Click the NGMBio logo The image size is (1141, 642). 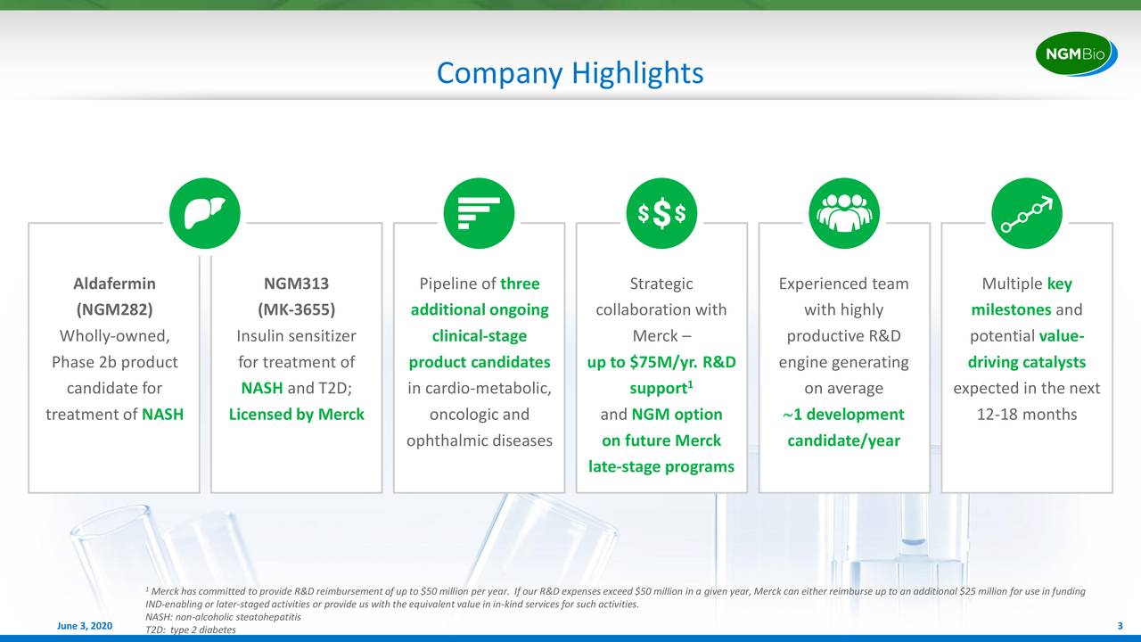click(1076, 53)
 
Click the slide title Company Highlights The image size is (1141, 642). click(570, 73)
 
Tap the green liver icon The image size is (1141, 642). click(205, 213)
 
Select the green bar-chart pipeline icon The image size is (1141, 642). click(479, 213)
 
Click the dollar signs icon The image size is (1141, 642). click(661, 213)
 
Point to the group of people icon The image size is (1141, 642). click(844, 213)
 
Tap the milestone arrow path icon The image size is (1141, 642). click(1027, 213)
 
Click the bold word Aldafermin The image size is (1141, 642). click(115, 284)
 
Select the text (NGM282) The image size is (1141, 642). click(115, 309)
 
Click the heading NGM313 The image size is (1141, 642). click(297, 284)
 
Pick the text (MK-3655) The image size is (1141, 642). click(297, 309)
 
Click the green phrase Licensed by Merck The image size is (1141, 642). click(297, 415)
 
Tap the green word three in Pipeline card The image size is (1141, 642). click(520, 284)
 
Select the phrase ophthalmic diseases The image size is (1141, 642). click(480, 440)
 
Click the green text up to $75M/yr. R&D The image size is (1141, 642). click(661, 362)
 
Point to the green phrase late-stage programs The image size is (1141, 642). click(661, 466)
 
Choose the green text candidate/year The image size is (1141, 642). click(844, 440)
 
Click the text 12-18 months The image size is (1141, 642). click(1027, 415)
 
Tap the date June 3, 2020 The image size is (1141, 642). click(85, 626)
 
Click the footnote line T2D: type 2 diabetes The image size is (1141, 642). click(191, 630)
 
